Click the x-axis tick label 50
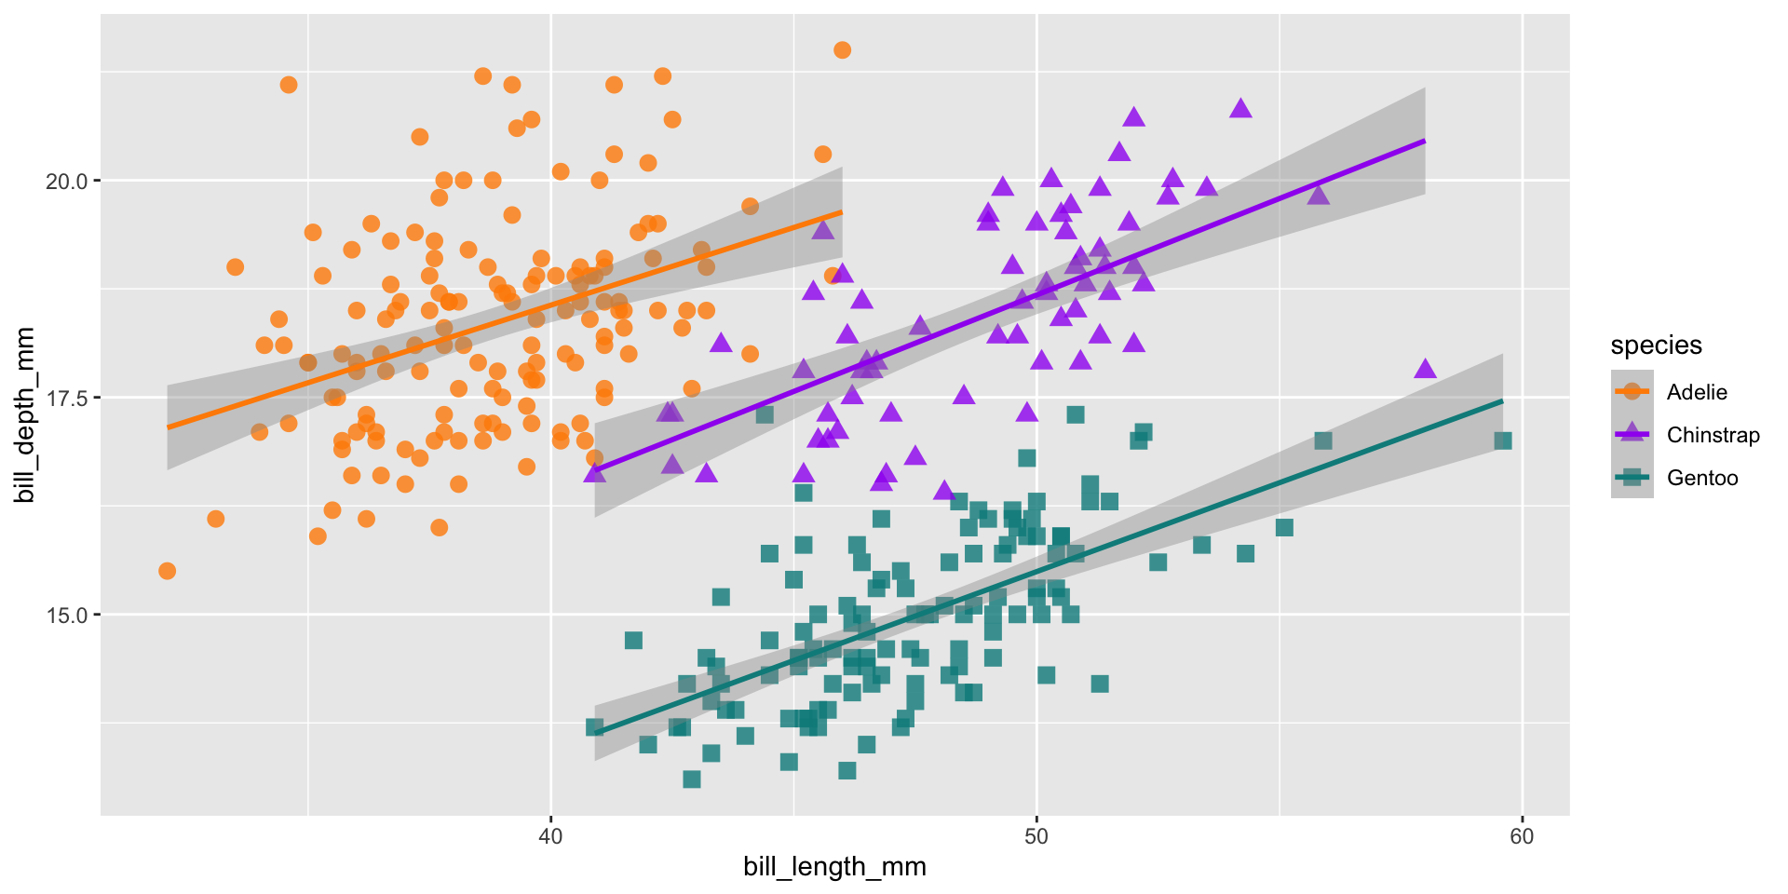point(1036,836)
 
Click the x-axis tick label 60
point(1521,836)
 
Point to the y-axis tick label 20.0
point(66,181)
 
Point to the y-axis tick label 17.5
point(66,398)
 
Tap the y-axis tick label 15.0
point(66,615)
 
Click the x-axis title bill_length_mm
point(834,868)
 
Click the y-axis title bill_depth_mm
point(25,415)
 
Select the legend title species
point(1656,345)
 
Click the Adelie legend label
point(1697,392)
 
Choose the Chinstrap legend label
point(1713,435)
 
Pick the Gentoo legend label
point(1702,478)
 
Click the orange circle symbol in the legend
point(1632,392)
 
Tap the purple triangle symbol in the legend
point(1632,434)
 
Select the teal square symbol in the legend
point(1632,478)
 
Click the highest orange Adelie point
point(842,50)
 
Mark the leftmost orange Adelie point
point(167,571)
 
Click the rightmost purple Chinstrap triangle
point(1425,369)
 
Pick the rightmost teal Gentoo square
point(1502,440)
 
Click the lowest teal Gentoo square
point(691,779)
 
